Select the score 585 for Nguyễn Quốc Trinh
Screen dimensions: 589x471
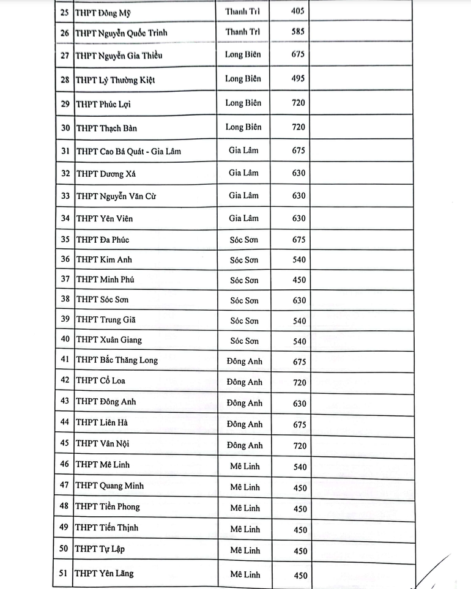[x=299, y=31]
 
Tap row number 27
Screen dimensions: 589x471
[x=64, y=56]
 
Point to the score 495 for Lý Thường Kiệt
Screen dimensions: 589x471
[x=299, y=78]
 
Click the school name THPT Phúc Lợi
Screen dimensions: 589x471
[x=103, y=104]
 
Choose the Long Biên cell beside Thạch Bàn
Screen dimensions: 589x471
[x=243, y=127]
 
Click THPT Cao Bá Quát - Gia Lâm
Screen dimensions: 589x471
[x=128, y=151]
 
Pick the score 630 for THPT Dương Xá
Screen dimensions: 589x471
[x=299, y=173]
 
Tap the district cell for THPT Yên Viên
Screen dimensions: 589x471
[x=243, y=218]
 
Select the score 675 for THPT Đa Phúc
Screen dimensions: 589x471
[x=299, y=240]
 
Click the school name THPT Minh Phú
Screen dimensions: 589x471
[x=105, y=280]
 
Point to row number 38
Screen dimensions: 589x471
[x=64, y=300]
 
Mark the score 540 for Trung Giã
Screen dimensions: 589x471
[x=299, y=321]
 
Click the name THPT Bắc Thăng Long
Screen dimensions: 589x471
[x=117, y=360]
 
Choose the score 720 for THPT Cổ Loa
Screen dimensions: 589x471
[x=299, y=382]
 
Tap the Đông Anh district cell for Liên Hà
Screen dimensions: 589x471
[x=244, y=424]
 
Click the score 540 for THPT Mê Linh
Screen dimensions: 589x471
[x=300, y=467]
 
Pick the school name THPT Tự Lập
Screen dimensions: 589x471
[x=101, y=549]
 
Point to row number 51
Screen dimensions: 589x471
[x=64, y=573]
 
